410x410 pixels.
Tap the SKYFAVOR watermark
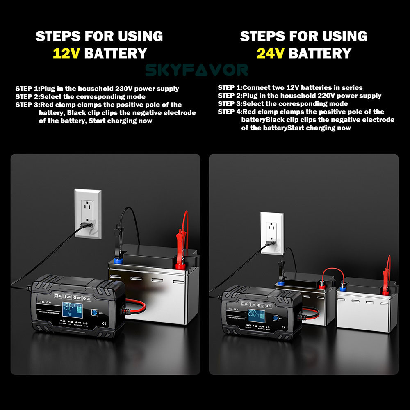click(x=197, y=70)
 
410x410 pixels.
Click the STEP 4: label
click(x=230, y=112)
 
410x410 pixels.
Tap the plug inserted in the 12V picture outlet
click(x=87, y=224)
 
